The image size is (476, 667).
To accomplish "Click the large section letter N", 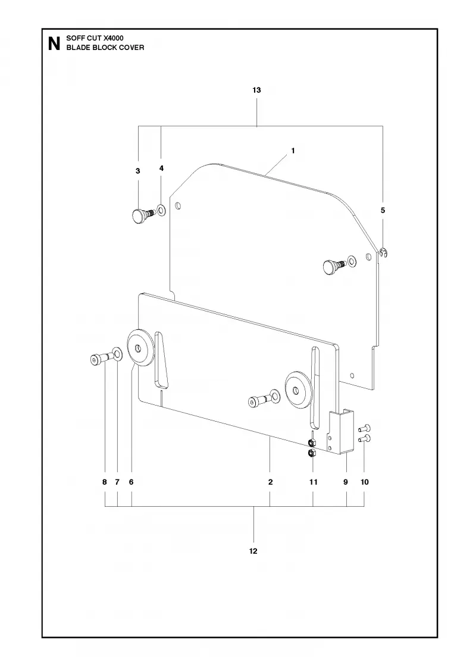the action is click(x=54, y=44).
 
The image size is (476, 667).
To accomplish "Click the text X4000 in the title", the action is click(x=114, y=38).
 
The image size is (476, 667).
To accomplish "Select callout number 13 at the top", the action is click(x=256, y=90).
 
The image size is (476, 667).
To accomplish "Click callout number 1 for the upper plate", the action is click(x=293, y=151).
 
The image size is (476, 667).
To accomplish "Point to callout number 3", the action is click(x=137, y=171).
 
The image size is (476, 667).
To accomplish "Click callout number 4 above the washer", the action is click(x=161, y=169).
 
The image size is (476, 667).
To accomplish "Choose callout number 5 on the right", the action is click(x=383, y=210).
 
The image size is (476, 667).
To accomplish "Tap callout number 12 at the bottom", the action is click(x=253, y=551).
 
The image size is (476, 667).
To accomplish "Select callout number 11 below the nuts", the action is click(x=313, y=482).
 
